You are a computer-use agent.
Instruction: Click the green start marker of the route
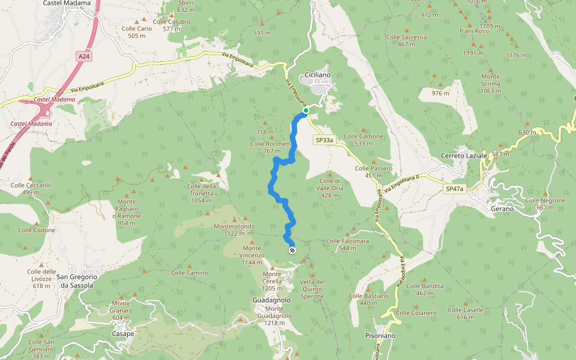(x=305, y=110)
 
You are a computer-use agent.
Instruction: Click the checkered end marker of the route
(x=292, y=250)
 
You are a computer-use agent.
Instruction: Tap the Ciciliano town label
(x=317, y=74)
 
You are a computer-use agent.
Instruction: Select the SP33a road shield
(x=324, y=140)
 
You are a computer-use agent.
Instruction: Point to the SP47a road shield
(x=454, y=189)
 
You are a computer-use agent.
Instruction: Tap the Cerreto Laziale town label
(x=464, y=156)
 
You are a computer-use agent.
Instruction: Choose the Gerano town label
(x=502, y=209)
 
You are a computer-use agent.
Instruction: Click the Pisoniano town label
(x=380, y=336)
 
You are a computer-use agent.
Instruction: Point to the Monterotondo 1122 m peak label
(x=234, y=230)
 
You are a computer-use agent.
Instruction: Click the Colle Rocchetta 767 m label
(x=271, y=147)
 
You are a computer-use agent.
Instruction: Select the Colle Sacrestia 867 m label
(x=406, y=40)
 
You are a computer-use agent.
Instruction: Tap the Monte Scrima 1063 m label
(x=490, y=83)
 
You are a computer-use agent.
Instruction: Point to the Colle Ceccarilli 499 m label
(x=29, y=189)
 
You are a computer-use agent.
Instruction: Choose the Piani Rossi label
(x=474, y=31)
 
